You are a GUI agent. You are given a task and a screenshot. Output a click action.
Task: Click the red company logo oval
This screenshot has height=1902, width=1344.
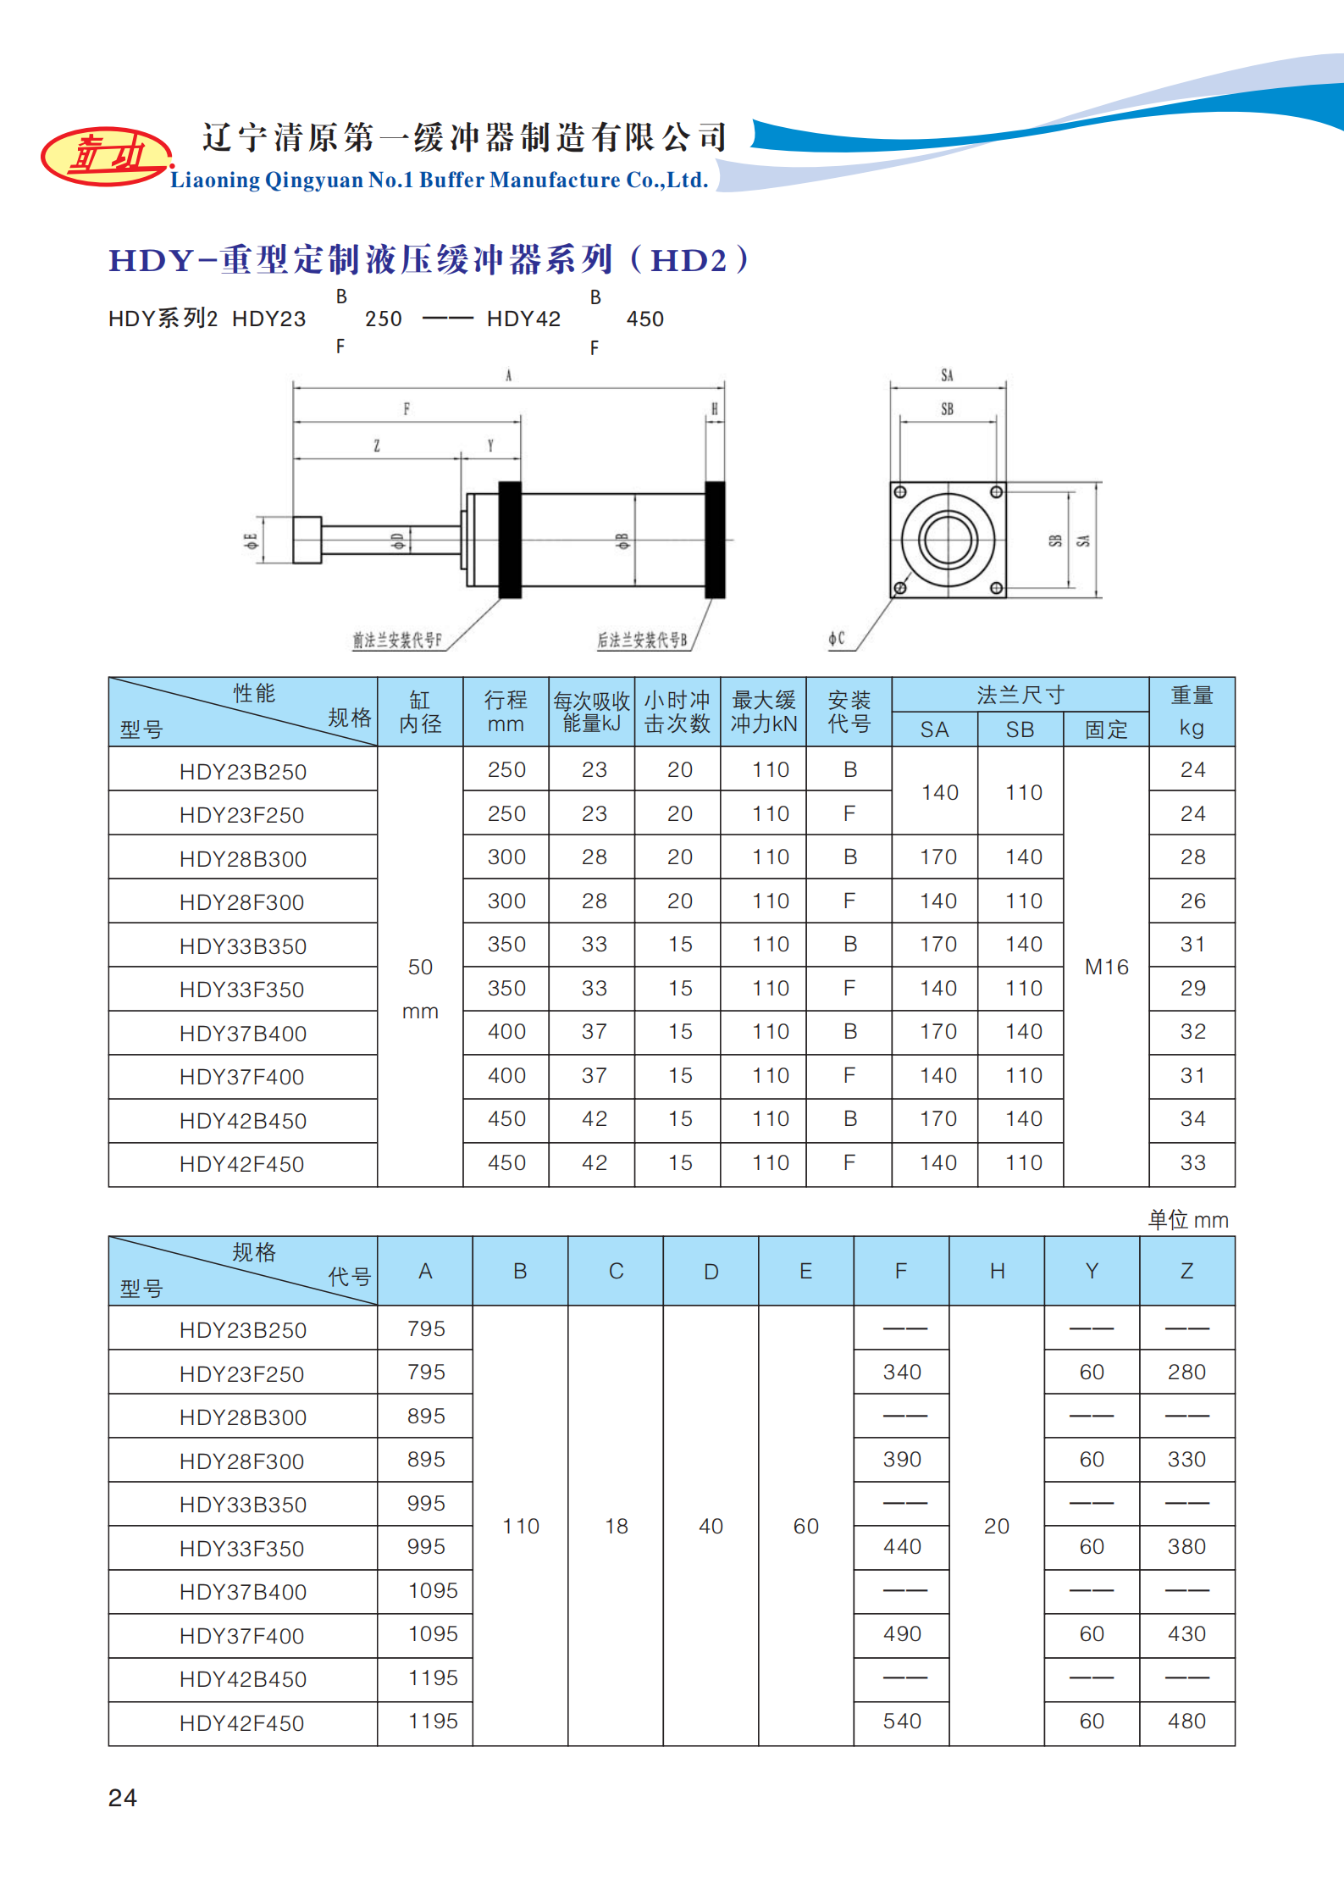[x=107, y=156]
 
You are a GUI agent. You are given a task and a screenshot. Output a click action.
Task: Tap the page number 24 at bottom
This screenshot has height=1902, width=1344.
[x=123, y=1797]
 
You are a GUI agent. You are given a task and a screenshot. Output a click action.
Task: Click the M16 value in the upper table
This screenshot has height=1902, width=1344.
[x=1106, y=967]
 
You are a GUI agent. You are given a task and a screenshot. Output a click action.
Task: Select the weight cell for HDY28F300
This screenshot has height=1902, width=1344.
[x=1192, y=901]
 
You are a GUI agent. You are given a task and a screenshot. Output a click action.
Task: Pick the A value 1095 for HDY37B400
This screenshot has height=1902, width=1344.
[x=433, y=1590]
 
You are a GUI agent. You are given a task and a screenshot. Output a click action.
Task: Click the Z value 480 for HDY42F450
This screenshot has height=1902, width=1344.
[x=1186, y=1721]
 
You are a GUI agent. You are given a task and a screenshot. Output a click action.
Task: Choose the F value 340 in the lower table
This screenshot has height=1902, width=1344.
[x=902, y=1372]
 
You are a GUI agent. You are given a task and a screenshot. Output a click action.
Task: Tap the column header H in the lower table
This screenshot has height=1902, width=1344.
[x=997, y=1271]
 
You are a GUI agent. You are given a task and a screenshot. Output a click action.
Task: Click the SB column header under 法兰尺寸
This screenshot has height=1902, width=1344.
[x=1020, y=729]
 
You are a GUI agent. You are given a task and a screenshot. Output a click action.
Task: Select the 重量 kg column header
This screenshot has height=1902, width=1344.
[x=1192, y=711]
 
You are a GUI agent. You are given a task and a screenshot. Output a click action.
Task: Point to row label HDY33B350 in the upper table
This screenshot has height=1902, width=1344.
[x=243, y=946]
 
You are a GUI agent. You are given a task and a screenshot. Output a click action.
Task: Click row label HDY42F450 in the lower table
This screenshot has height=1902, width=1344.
[x=241, y=1723]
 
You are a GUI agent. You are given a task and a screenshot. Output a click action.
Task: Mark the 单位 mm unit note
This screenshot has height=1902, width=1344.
[x=1187, y=1220]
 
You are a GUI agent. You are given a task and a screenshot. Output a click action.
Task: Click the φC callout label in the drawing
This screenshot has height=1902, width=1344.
[x=836, y=639]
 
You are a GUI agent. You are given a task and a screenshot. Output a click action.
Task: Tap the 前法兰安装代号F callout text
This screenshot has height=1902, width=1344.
[x=397, y=640]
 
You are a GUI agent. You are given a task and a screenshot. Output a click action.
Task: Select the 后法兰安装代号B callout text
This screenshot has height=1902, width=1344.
[x=642, y=640]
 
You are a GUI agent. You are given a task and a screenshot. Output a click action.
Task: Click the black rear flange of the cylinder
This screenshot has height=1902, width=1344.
[x=716, y=540]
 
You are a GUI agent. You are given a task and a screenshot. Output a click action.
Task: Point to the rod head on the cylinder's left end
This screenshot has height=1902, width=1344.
[x=307, y=540]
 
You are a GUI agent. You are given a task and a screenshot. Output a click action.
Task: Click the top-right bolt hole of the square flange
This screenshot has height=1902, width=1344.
[x=997, y=492]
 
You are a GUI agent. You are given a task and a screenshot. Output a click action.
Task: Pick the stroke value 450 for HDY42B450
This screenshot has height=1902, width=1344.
[x=506, y=1118]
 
